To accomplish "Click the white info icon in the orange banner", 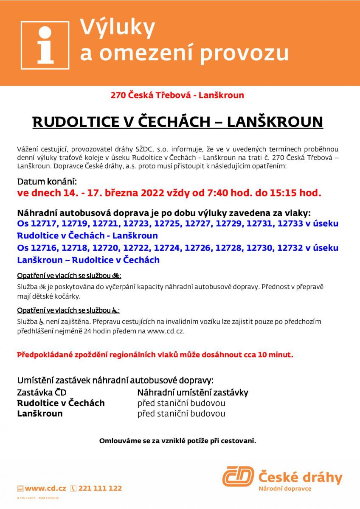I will click(x=45, y=45).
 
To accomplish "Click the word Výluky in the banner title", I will click(x=118, y=28).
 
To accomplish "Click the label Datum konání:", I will click(x=47, y=182).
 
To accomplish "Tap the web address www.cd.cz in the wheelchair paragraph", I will click(x=165, y=331).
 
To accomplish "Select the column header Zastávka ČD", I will click(x=42, y=393).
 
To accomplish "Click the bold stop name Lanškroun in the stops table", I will click(x=40, y=414).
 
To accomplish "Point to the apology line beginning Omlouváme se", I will click(x=177, y=441).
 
